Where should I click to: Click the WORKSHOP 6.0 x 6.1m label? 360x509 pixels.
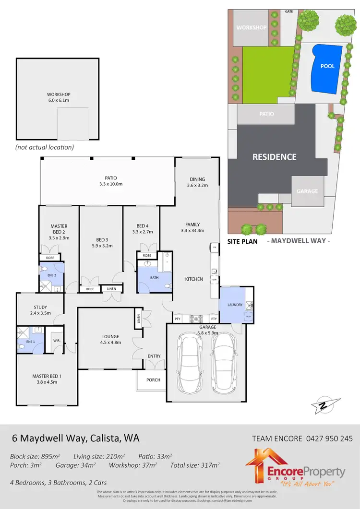click(58, 97)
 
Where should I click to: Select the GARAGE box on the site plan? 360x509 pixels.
click(307, 191)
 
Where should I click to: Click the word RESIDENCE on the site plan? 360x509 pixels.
click(275, 157)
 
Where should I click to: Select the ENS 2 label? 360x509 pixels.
click(45, 275)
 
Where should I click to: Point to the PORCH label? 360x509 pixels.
click(153, 379)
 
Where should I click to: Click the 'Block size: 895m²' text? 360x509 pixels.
click(35, 456)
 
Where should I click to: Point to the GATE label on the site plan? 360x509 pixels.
click(289, 11)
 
